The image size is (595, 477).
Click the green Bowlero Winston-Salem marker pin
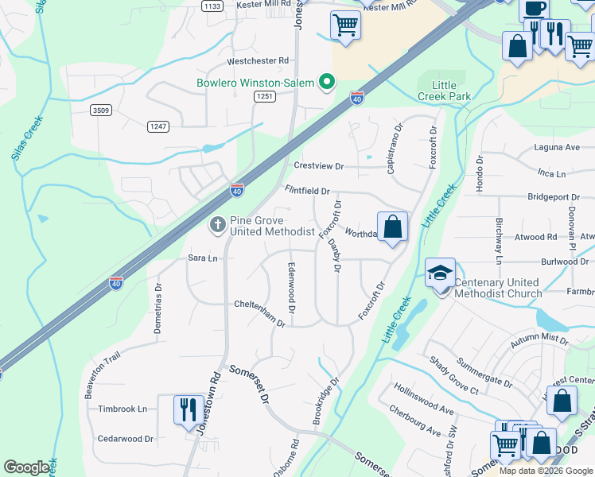[x=326, y=83]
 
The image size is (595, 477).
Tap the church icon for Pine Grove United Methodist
[x=216, y=225]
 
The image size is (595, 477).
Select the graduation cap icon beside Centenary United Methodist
[x=440, y=273]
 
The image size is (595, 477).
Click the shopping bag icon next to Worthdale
[x=392, y=227]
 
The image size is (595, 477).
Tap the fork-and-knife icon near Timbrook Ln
[x=189, y=409]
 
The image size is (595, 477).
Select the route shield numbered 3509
[x=100, y=110]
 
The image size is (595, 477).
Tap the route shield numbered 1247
[x=158, y=126]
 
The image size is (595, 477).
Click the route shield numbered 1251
[x=265, y=96]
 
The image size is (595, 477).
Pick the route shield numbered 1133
[x=212, y=6]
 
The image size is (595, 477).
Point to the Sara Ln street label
[x=202, y=258]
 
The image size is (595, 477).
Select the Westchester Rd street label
[x=257, y=60]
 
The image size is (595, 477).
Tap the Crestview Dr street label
[x=318, y=166]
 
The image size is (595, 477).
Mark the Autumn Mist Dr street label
[x=541, y=339]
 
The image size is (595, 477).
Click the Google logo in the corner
[x=26, y=467]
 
